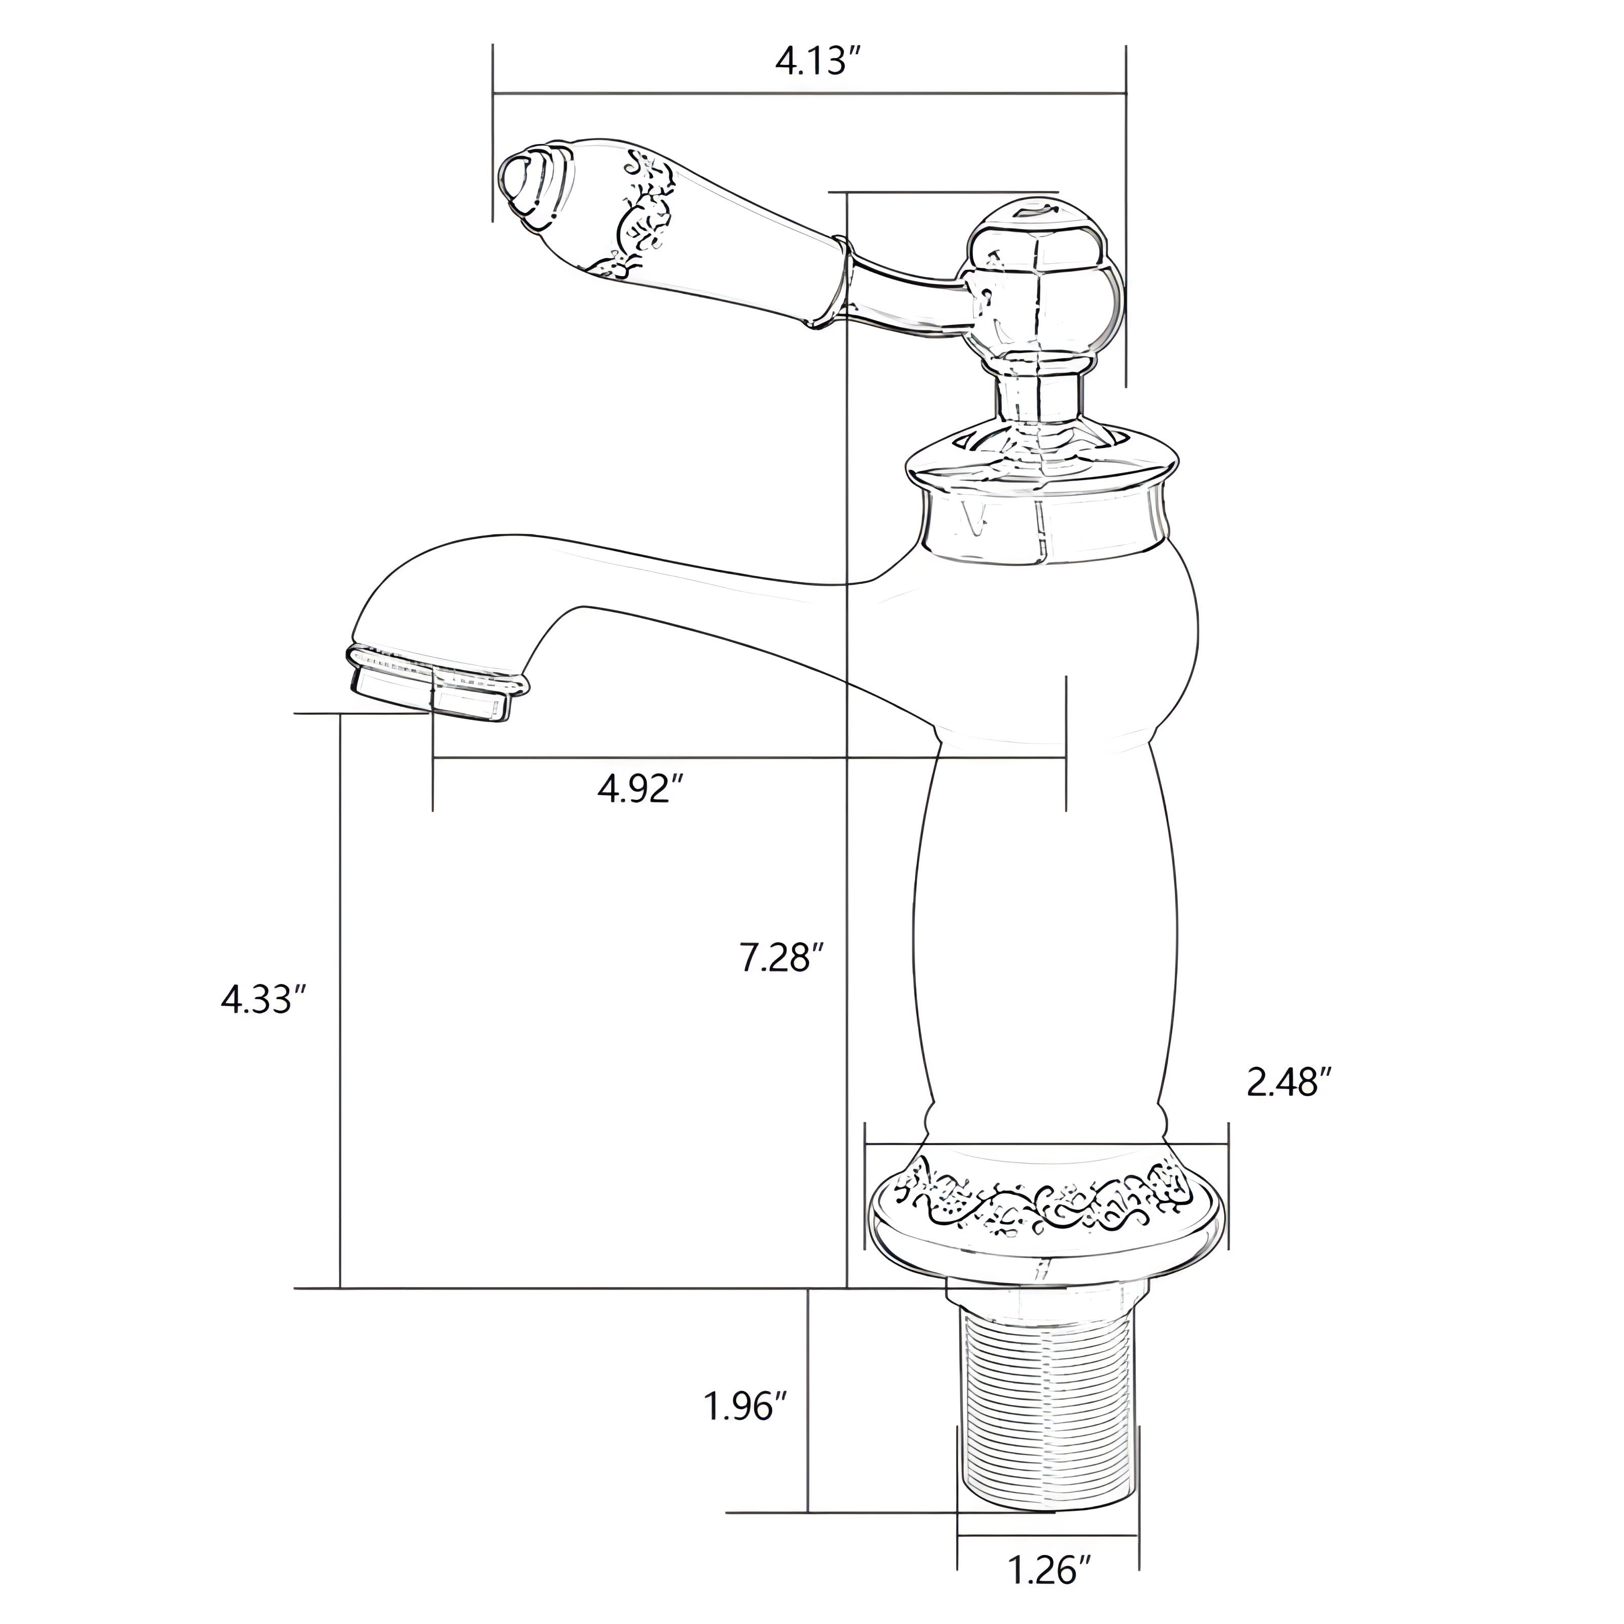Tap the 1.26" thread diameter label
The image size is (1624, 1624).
(1049, 1547)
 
